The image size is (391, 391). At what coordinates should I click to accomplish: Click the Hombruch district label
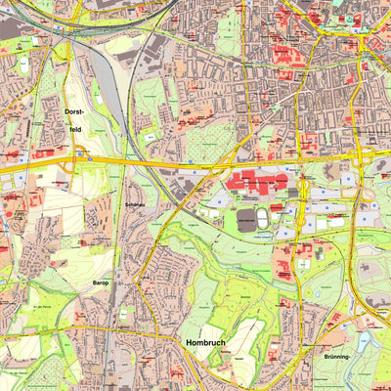(x=207, y=344)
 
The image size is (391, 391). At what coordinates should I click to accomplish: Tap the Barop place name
(x=101, y=284)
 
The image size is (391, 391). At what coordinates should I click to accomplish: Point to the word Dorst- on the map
(x=74, y=112)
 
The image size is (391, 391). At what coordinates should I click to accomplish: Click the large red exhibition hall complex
(x=257, y=181)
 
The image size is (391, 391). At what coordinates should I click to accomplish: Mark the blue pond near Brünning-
(x=365, y=342)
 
